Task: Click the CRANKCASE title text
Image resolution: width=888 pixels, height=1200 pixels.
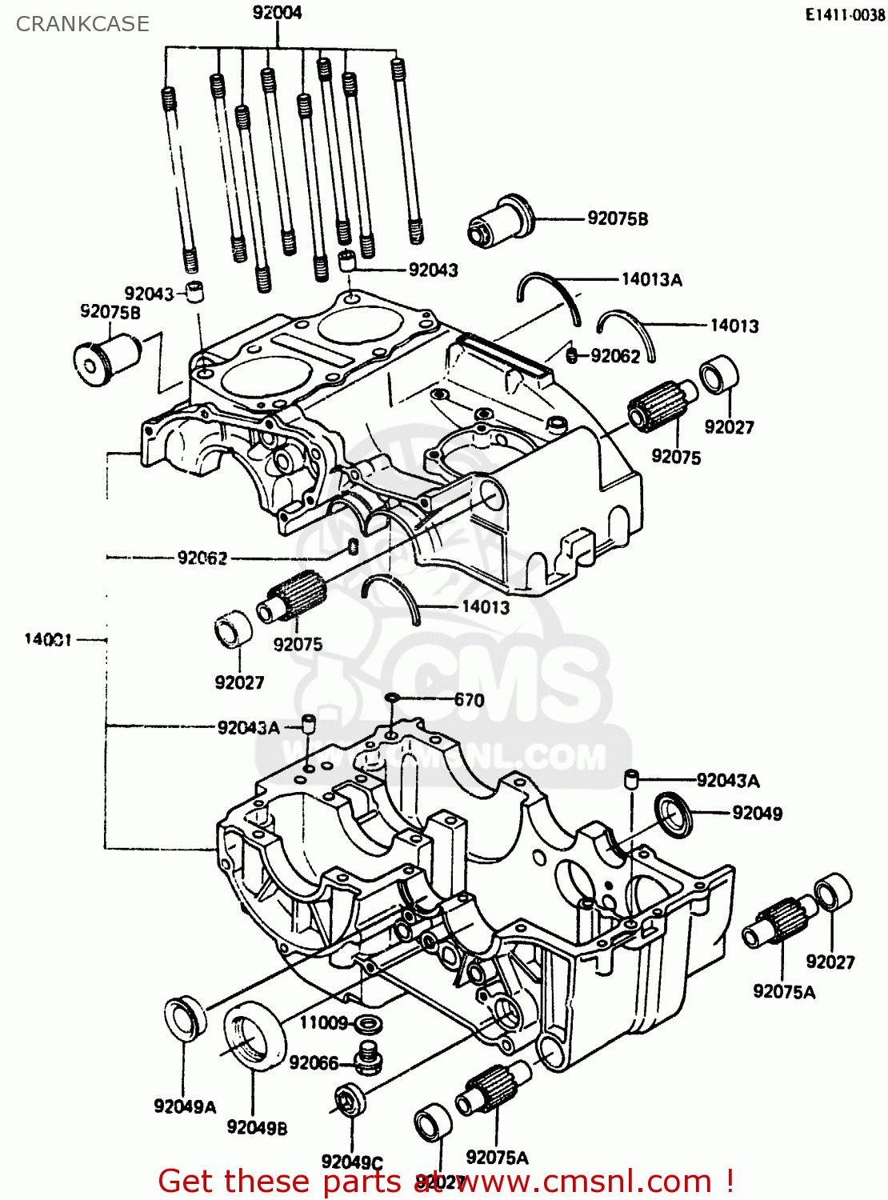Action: (x=82, y=24)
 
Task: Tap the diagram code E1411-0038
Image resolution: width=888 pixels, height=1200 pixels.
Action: (x=845, y=15)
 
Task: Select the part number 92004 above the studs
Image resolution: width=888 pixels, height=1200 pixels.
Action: (x=277, y=13)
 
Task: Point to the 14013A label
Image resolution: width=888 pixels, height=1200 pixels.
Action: (x=651, y=279)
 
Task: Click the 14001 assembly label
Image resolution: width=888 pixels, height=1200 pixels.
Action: (x=48, y=639)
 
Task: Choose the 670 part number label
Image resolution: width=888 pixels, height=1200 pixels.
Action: (x=469, y=700)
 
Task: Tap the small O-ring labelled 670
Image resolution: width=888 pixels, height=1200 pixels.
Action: (x=391, y=699)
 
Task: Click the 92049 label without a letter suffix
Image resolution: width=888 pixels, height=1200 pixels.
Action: (x=757, y=813)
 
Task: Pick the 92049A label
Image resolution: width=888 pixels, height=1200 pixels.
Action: (x=185, y=1106)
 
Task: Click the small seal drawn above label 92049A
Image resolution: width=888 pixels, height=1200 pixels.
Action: (x=184, y=1019)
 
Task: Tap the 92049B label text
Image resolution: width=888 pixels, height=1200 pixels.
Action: (x=257, y=1127)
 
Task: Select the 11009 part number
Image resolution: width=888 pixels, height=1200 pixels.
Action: (x=323, y=1022)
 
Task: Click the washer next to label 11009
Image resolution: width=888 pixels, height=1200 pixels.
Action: (x=368, y=1023)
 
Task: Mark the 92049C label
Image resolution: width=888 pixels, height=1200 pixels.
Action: (x=352, y=1162)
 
